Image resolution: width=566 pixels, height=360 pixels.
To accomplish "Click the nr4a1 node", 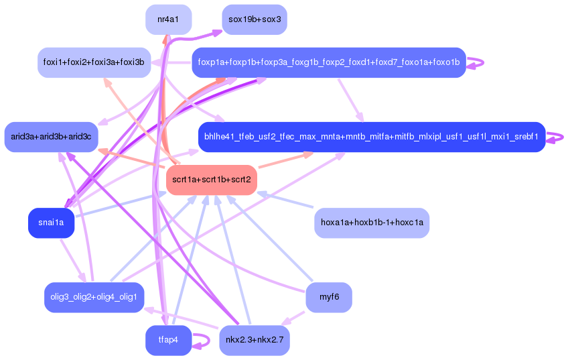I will [168, 19].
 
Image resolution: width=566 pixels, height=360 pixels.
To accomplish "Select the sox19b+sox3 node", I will [254, 19].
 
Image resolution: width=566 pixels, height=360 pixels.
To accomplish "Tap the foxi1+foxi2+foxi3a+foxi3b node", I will [94, 62].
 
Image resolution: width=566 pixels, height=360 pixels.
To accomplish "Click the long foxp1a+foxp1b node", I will [328, 62].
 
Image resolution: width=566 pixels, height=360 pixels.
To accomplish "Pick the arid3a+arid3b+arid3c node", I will [52, 137].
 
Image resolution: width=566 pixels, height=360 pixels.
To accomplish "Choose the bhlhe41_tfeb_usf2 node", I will [371, 137].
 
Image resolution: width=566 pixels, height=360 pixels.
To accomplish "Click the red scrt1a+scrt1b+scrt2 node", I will [211, 180].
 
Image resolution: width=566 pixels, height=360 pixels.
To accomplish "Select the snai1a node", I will [51, 223].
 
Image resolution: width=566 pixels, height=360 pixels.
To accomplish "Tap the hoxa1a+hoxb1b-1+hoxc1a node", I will [372, 223].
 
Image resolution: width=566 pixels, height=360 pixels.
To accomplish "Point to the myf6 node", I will [328, 297].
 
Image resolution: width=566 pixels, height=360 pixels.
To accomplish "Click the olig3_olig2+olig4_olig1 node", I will [94, 297].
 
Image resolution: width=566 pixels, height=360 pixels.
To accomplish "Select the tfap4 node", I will [168, 340].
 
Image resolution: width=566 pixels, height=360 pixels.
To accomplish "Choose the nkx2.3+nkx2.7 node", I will [254, 340].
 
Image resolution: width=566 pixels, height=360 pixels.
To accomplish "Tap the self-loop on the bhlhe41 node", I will [556, 137].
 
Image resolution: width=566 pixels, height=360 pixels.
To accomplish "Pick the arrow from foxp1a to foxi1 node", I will [171, 62].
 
